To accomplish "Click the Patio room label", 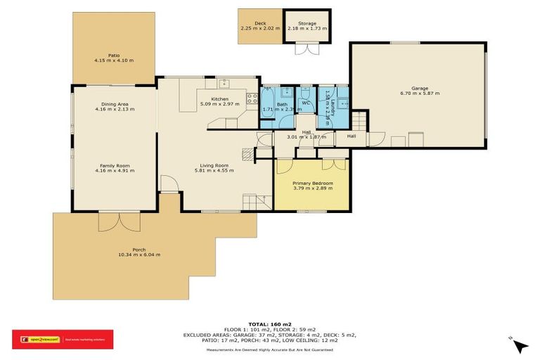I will (x=114, y=55).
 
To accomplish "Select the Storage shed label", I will (x=307, y=23).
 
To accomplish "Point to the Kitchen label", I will (x=214, y=99).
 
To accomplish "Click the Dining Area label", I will (x=115, y=104).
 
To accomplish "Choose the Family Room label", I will (x=115, y=166).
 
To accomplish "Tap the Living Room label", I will (x=214, y=166).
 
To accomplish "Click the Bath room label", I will (x=281, y=105).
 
